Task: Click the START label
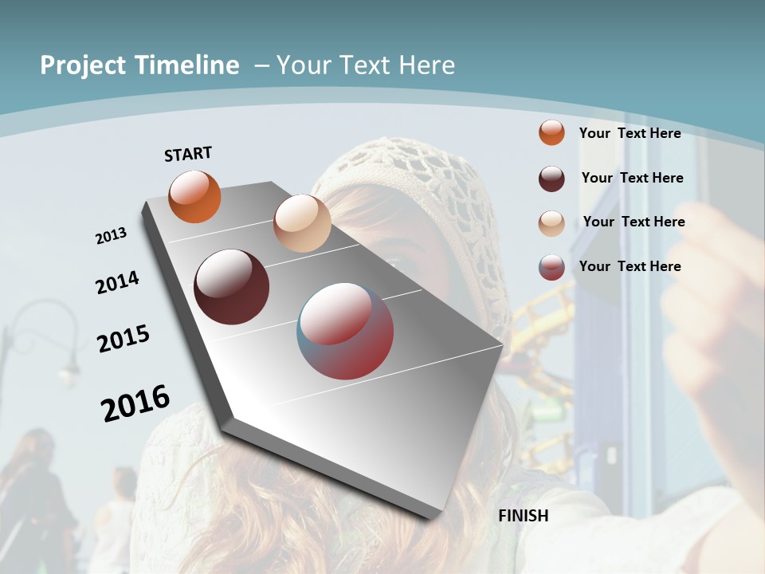tap(188, 154)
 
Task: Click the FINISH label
tap(524, 516)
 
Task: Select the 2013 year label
tap(111, 235)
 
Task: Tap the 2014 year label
tap(117, 282)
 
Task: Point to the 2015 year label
tap(124, 339)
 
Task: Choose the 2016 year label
tap(135, 403)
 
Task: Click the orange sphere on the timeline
tap(194, 197)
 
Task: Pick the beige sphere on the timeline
tap(302, 223)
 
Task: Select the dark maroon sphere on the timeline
tap(231, 287)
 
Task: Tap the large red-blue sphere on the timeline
tap(345, 331)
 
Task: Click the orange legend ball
tap(551, 132)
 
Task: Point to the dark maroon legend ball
tap(551, 178)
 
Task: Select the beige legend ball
tap(551, 222)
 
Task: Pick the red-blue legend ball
tap(551, 267)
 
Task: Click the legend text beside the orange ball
tap(630, 133)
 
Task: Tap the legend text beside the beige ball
tap(634, 222)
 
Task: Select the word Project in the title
tap(82, 65)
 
